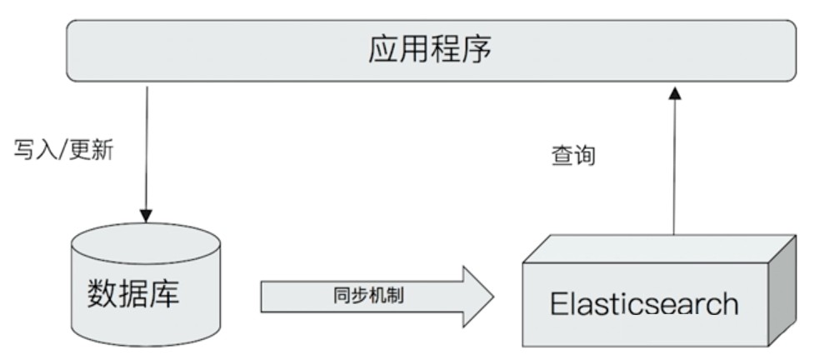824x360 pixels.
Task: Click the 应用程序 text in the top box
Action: coord(430,51)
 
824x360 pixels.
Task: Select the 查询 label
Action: coord(573,156)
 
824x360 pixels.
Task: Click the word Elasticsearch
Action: coord(643,303)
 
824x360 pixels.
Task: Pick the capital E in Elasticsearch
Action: coord(558,303)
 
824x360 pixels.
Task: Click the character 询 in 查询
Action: coord(585,156)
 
